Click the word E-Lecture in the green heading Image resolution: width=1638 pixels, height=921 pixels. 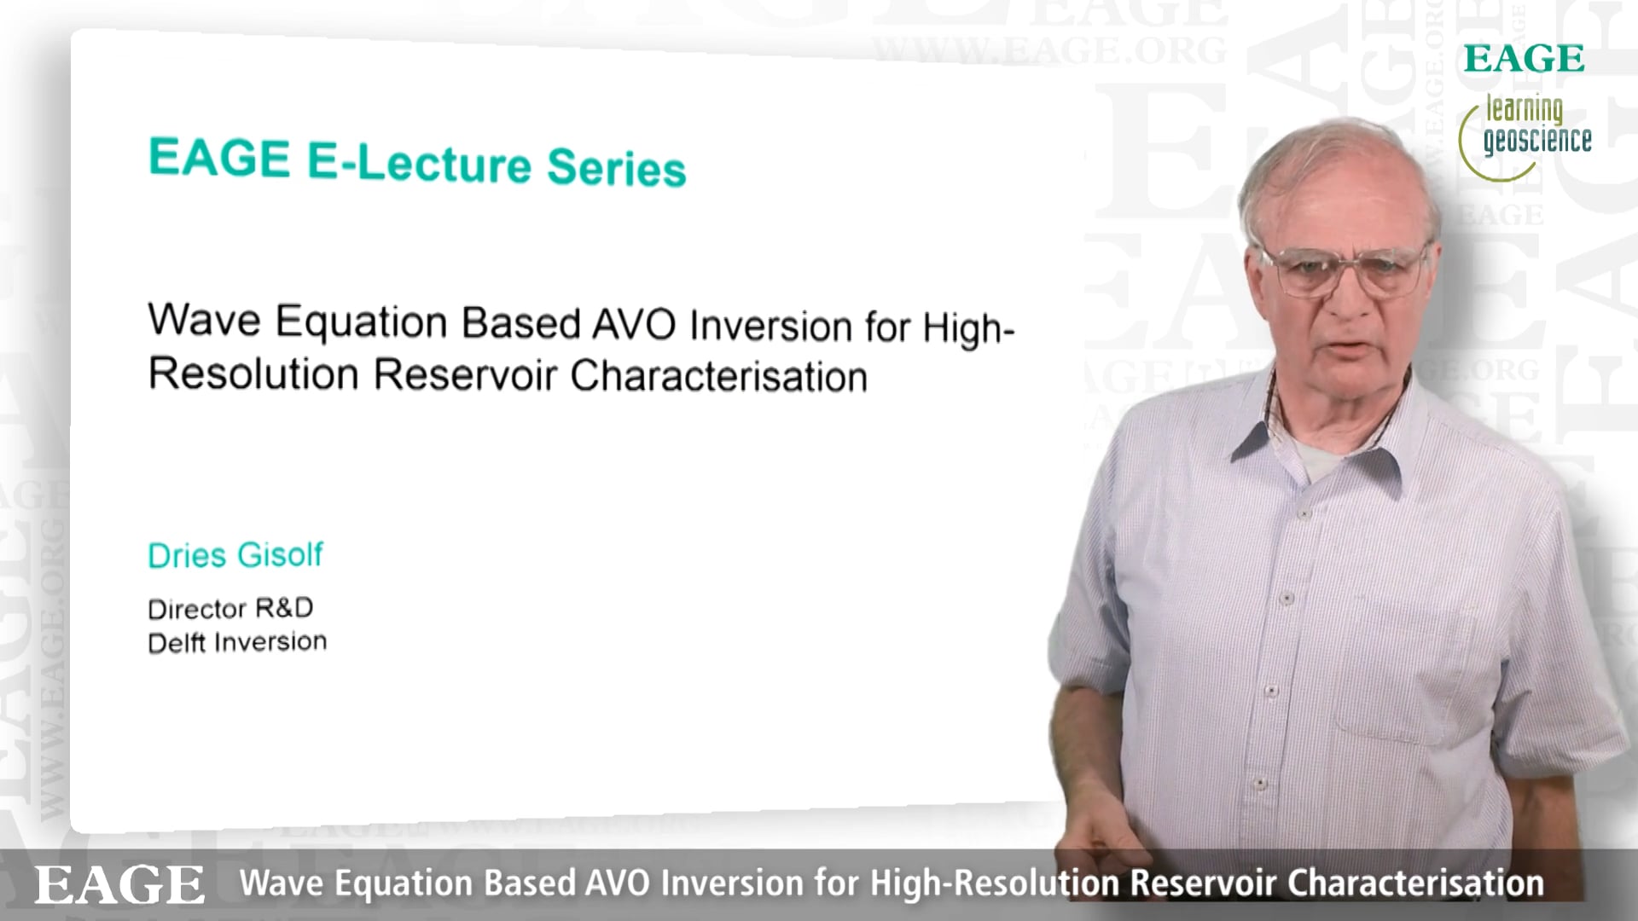[x=419, y=163]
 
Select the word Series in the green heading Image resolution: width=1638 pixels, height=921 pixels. [x=617, y=167]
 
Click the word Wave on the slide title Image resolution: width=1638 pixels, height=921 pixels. [x=205, y=320]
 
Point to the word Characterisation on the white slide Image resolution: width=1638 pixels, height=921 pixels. [x=719, y=376]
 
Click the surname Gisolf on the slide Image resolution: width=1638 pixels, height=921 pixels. [x=280, y=554]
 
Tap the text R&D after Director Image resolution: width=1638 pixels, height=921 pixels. [x=284, y=607]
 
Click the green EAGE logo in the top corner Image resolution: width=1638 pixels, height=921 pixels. [x=1525, y=59]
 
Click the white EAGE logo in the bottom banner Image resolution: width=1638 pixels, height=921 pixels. [x=119, y=884]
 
